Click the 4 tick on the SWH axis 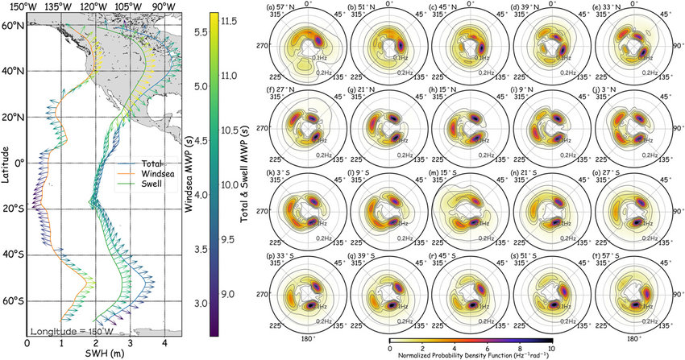[x=164, y=342]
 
